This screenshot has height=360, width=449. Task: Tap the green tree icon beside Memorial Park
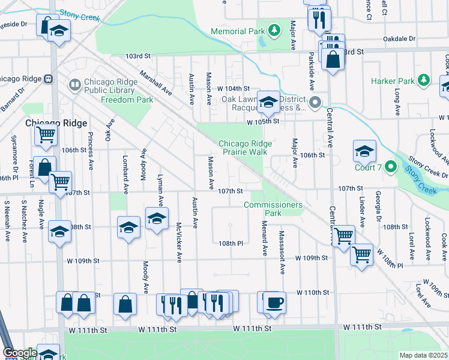click(274, 29)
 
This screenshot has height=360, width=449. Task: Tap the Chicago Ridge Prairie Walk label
click(245, 148)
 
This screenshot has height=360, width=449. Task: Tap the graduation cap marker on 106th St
click(364, 151)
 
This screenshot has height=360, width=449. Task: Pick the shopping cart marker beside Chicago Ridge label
click(46, 136)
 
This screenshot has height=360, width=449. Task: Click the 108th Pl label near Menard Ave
click(230, 244)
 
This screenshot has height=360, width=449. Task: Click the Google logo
click(19, 353)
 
